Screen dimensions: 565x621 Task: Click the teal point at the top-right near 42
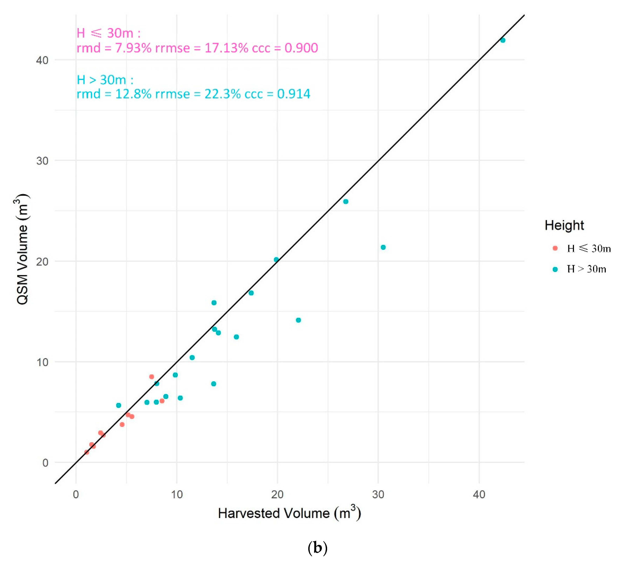(503, 40)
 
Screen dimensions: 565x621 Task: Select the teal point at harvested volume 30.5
(383, 247)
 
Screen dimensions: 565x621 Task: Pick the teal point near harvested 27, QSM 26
(346, 202)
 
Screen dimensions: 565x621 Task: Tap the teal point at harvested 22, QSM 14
(298, 320)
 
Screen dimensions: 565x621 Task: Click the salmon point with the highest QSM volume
(152, 377)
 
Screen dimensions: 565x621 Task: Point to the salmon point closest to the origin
(87, 452)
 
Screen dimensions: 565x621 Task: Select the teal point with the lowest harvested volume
(119, 405)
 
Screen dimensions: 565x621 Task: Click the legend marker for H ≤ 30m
(555, 248)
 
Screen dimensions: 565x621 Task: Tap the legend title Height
(564, 225)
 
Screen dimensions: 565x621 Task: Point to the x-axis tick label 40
(479, 495)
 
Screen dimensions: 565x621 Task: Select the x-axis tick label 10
(177, 495)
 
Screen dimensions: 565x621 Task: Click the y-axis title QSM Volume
(22, 249)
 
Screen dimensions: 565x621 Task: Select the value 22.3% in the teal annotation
(222, 94)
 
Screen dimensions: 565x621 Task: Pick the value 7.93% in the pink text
(133, 48)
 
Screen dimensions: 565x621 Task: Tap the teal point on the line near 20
(276, 260)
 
